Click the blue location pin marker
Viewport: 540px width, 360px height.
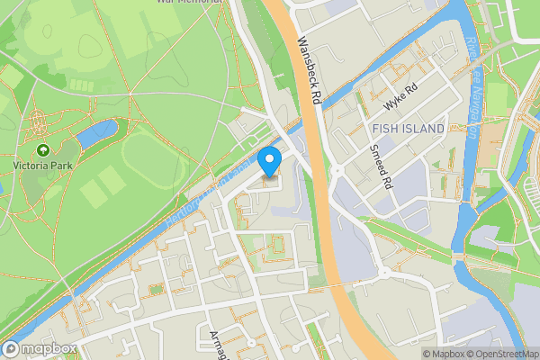(x=269, y=163)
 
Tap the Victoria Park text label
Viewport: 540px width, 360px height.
(x=42, y=166)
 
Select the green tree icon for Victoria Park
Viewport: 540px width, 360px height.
(x=42, y=150)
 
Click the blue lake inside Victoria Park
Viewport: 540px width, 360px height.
(x=95, y=134)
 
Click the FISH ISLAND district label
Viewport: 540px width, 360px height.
(x=408, y=130)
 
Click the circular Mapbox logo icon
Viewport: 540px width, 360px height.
(x=11, y=348)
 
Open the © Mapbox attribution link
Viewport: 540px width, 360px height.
(x=443, y=354)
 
